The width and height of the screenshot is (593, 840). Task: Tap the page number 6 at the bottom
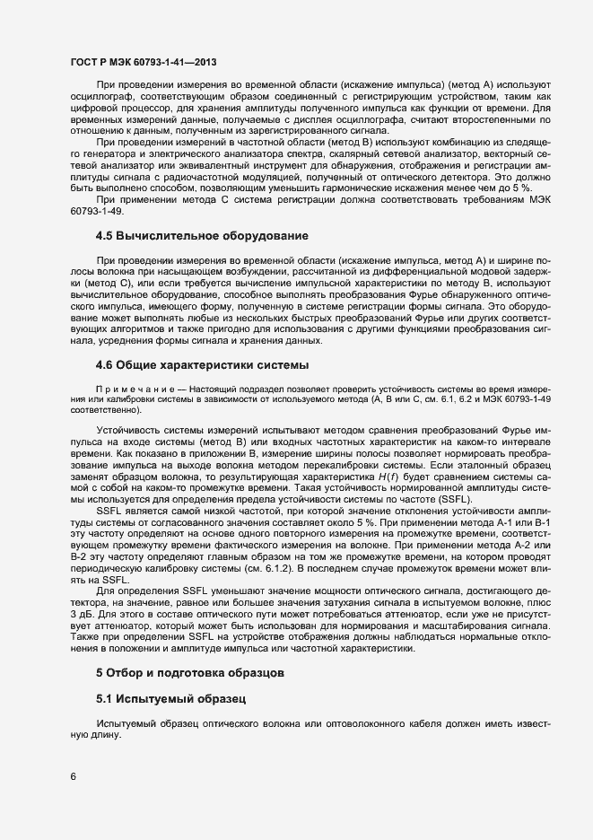[73, 776]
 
